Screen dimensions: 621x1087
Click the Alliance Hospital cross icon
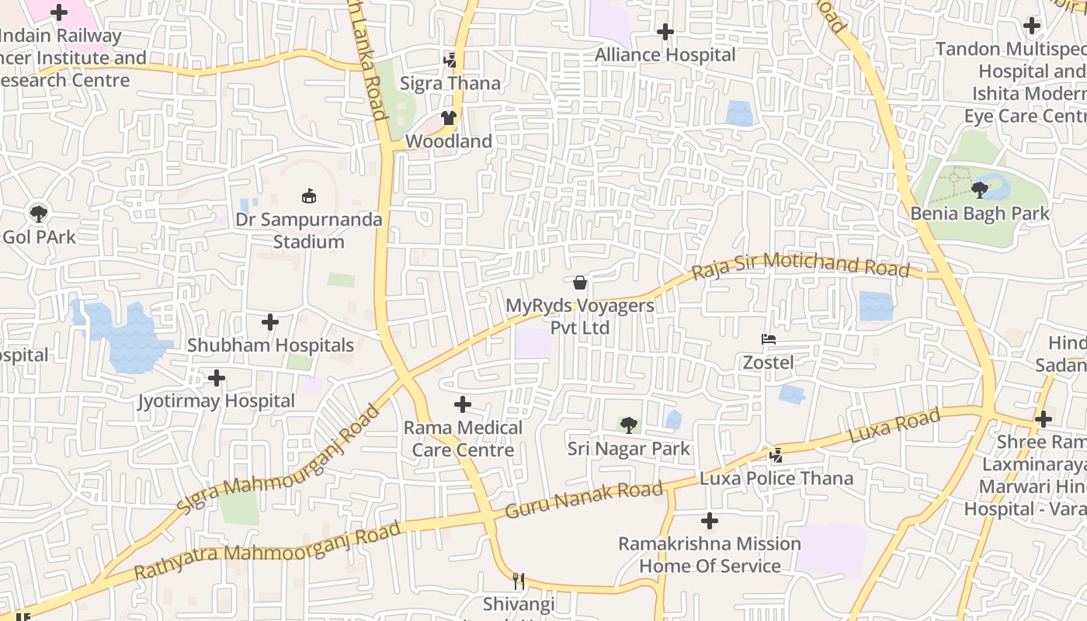point(665,32)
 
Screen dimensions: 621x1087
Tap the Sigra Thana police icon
point(450,60)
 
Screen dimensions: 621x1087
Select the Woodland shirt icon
point(449,118)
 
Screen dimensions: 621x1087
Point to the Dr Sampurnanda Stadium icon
point(309,196)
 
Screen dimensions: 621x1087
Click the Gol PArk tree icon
point(38,213)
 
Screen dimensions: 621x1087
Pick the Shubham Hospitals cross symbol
point(270,321)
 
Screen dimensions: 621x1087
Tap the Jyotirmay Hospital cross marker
point(217,378)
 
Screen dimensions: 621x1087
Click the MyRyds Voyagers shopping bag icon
point(580,283)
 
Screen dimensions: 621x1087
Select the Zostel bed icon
point(769,339)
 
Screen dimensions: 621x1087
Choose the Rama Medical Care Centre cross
point(463,404)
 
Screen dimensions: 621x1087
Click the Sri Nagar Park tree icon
point(629,425)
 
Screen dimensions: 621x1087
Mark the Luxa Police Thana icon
point(776,455)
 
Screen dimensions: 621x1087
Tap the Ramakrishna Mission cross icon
point(710,521)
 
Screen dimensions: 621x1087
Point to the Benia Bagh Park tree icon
point(980,189)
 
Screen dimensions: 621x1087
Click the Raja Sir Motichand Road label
point(800,265)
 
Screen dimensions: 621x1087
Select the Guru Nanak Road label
point(584,500)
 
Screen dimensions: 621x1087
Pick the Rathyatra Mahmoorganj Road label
point(268,551)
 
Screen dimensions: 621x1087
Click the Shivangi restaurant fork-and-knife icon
point(519,581)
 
